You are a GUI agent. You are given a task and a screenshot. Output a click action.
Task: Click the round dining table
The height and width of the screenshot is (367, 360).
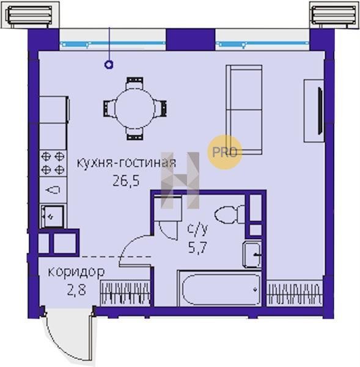click(134, 108)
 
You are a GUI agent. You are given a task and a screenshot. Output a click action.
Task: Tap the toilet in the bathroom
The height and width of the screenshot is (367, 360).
click(229, 214)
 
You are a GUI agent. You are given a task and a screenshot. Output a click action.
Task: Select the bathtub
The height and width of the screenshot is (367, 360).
click(221, 289)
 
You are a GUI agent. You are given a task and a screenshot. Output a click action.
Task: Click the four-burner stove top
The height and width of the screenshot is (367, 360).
click(53, 163)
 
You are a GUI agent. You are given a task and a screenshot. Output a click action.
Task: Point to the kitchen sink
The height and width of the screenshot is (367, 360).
click(53, 217)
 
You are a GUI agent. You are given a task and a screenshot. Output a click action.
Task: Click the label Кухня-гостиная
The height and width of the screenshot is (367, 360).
click(127, 163)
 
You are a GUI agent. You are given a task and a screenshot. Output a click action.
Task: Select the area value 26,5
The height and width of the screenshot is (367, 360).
click(126, 180)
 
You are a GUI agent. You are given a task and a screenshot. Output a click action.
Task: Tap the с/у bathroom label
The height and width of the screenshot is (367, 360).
click(197, 229)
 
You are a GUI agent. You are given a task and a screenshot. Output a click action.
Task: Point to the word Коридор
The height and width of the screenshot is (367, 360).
click(76, 272)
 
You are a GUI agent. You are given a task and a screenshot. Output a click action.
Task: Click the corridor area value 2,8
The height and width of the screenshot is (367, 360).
click(76, 290)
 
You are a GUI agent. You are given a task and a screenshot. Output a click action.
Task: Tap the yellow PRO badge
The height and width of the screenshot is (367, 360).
click(224, 152)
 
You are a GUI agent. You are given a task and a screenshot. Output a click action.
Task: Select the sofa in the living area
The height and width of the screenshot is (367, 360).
click(244, 109)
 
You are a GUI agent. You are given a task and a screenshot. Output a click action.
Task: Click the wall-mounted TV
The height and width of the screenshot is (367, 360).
click(320, 111)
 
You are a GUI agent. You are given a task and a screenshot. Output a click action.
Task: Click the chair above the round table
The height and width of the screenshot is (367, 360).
click(134, 83)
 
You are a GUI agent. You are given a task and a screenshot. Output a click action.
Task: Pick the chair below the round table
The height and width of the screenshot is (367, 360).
click(134, 134)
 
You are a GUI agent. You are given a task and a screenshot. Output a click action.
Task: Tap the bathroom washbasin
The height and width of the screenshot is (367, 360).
click(252, 254)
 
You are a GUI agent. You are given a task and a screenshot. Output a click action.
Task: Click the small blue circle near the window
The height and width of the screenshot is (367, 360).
click(109, 64)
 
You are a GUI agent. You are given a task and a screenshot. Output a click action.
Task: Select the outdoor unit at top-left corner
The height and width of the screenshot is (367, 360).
click(30, 15)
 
